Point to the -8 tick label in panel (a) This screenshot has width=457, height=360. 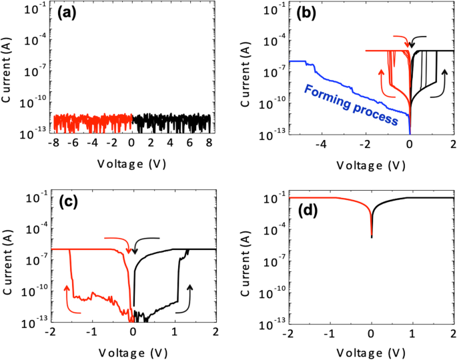55,143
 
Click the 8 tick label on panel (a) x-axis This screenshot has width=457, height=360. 209,143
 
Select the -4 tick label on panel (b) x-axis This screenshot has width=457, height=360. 322,143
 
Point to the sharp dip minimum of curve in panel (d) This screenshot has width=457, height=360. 372,237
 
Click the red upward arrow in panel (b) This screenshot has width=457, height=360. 382,79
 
